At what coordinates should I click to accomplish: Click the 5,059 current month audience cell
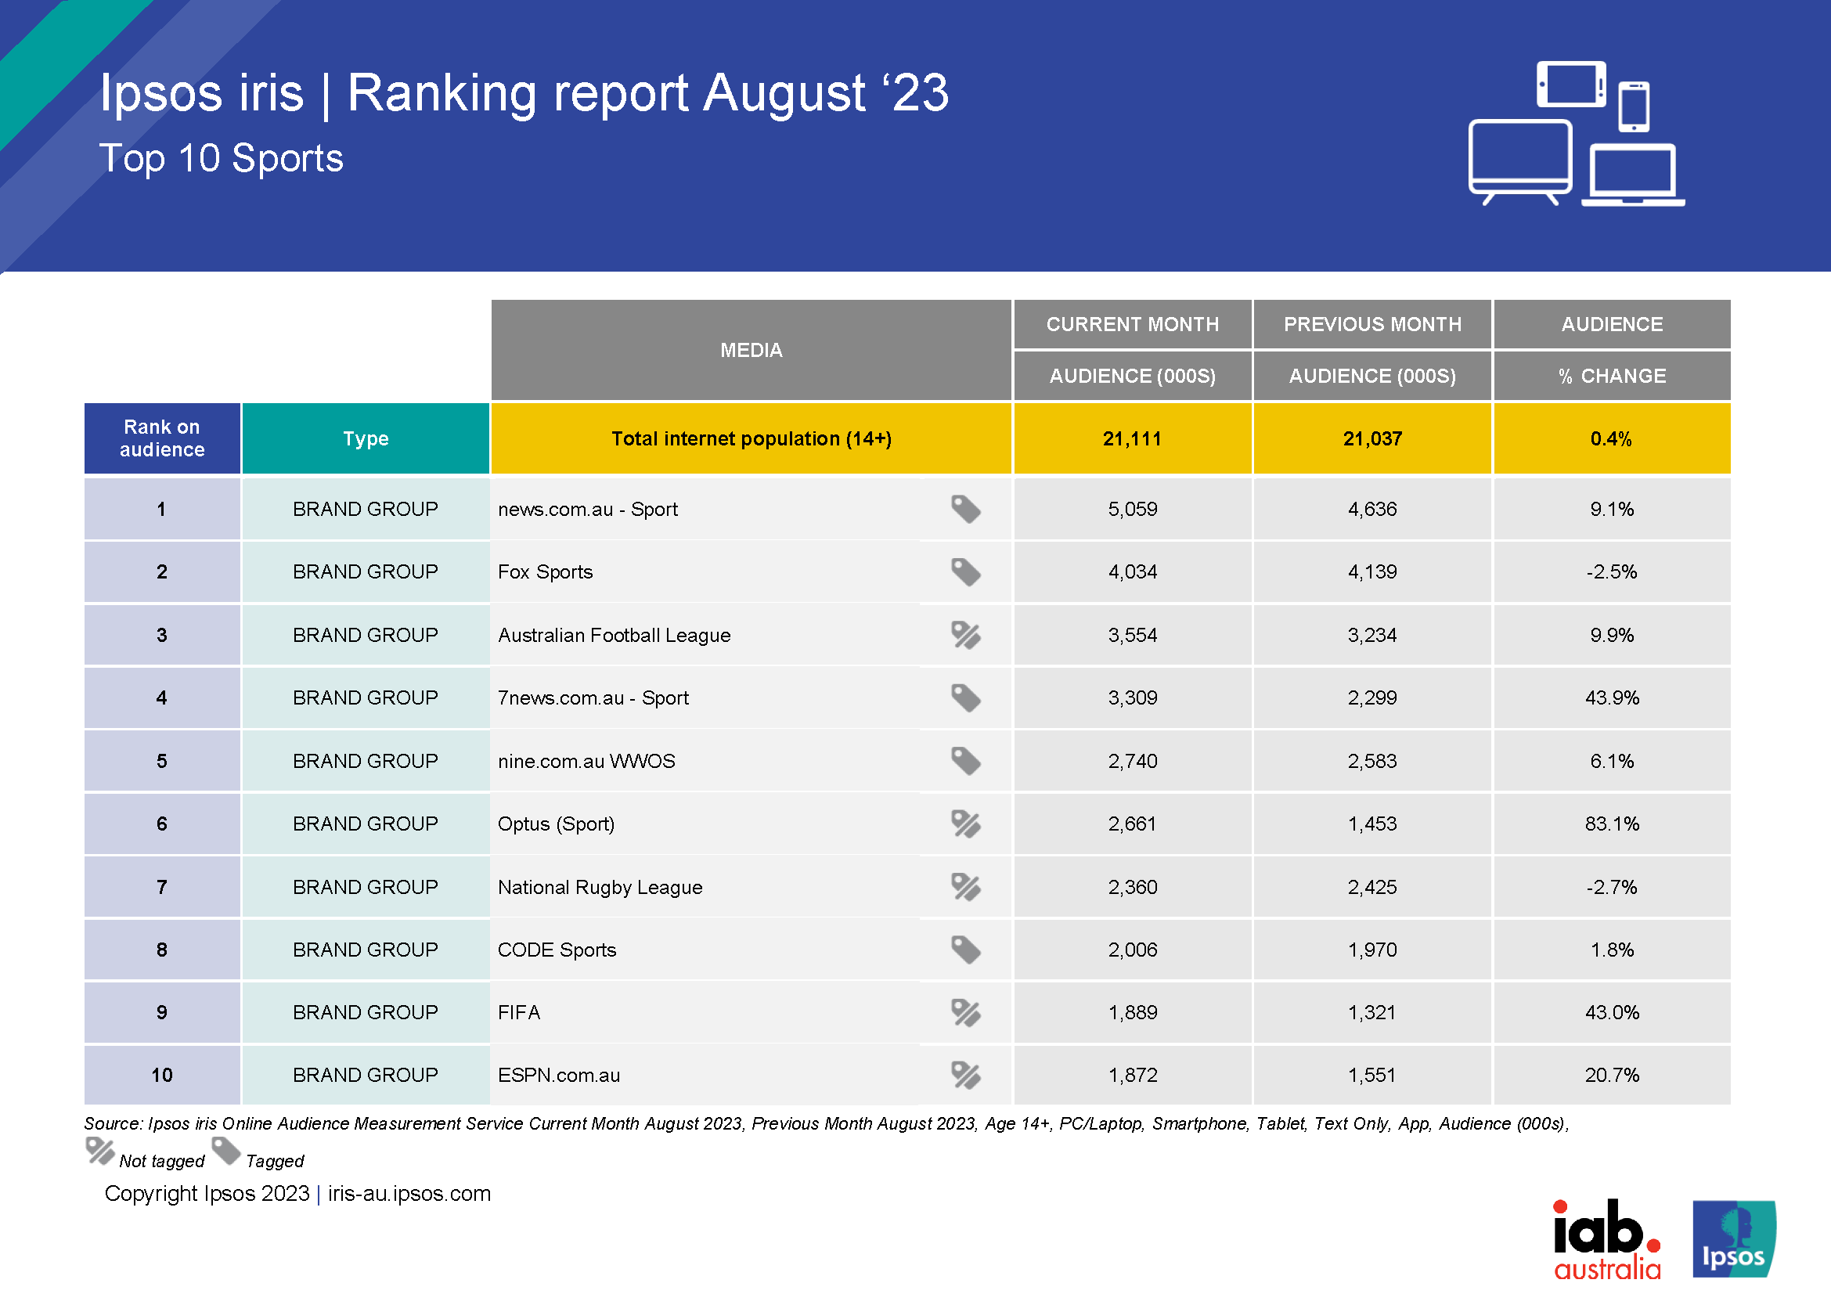pyautogui.click(x=1132, y=509)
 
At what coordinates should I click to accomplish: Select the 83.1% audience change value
pyautogui.click(x=1611, y=824)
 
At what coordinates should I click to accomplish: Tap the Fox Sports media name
pyautogui.click(x=545, y=571)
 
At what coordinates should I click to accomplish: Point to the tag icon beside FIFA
pyautogui.click(x=965, y=1012)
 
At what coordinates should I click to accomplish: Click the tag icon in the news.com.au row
pyautogui.click(x=965, y=509)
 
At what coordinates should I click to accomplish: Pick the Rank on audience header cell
pyautogui.click(x=162, y=438)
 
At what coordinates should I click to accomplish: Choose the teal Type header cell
pyautogui.click(x=366, y=438)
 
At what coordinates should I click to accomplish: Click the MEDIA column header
pyautogui.click(x=751, y=350)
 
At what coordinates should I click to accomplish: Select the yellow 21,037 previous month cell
pyautogui.click(x=1371, y=438)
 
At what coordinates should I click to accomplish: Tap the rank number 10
pyautogui.click(x=162, y=1075)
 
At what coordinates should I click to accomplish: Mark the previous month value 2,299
pyautogui.click(x=1371, y=697)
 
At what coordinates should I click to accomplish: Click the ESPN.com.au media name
pyautogui.click(x=558, y=1075)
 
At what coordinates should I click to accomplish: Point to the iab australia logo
pyautogui.click(x=1606, y=1240)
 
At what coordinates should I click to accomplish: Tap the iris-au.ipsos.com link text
pyautogui.click(x=409, y=1194)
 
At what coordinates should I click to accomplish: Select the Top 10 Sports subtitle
pyautogui.click(x=221, y=158)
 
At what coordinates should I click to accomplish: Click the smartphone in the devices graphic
pyautogui.click(x=1633, y=106)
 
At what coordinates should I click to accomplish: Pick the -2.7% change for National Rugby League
pyautogui.click(x=1611, y=887)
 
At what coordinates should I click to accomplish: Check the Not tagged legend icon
pyautogui.click(x=100, y=1152)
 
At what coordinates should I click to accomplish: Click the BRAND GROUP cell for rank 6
pyautogui.click(x=366, y=824)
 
